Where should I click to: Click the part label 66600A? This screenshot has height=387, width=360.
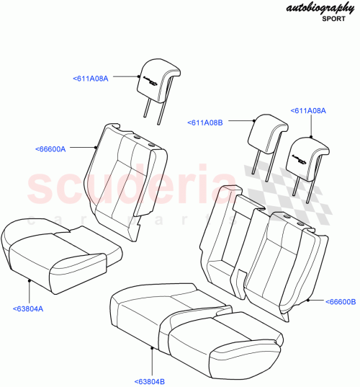[x=50, y=149]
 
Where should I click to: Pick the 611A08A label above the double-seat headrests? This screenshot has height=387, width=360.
[x=308, y=111]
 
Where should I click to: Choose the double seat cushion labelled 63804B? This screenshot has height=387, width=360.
[x=191, y=317]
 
